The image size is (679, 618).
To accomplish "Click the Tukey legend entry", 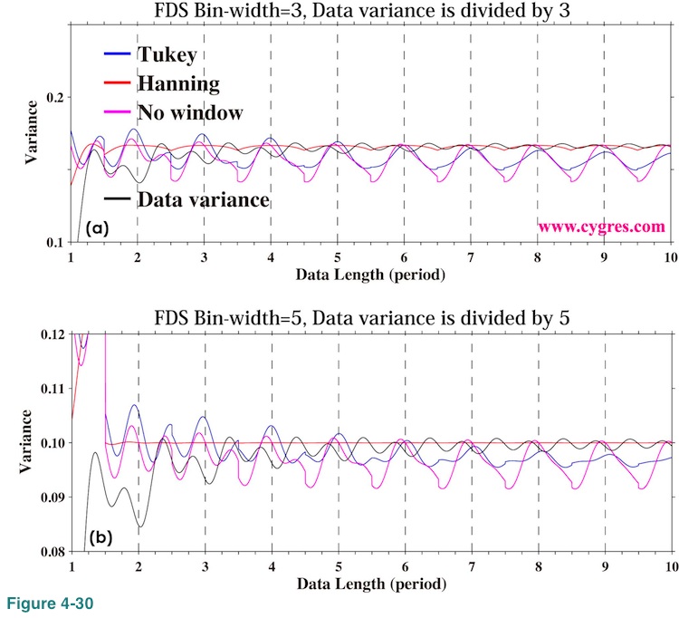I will (167, 54).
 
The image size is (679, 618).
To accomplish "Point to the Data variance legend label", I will (203, 199).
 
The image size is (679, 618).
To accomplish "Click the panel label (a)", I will (97, 229).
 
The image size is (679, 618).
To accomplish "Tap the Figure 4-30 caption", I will (44, 603).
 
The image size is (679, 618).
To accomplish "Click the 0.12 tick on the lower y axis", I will (52, 334).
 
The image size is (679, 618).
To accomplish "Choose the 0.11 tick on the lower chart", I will (52, 389).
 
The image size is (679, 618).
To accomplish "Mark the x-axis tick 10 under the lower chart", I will (669, 567).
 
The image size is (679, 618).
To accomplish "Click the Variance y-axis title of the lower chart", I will (28, 439).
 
